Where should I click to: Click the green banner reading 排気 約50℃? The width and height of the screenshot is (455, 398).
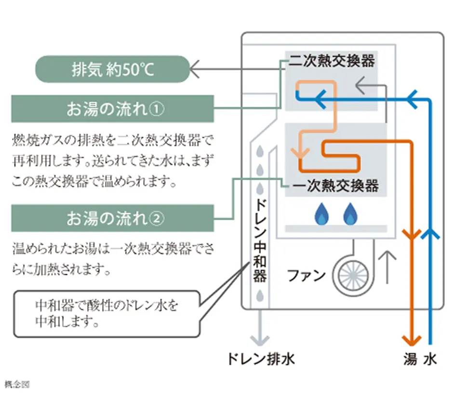click(x=112, y=69)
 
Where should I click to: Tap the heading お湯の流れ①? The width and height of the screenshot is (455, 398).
click(x=112, y=109)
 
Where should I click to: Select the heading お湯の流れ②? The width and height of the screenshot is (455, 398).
click(x=112, y=218)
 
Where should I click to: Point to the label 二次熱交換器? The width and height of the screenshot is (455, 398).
click(x=332, y=61)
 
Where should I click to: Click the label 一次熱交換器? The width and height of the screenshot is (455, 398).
click(x=335, y=186)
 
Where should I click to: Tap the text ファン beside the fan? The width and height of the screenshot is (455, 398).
click(x=306, y=276)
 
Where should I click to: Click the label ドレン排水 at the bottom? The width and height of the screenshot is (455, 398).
click(x=261, y=359)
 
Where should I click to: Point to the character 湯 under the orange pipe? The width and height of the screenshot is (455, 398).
click(x=410, y=359)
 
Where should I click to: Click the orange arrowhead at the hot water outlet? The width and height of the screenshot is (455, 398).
click(x=411, y=337)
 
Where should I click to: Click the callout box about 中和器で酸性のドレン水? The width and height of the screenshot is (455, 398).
click(x=106, y=313)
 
